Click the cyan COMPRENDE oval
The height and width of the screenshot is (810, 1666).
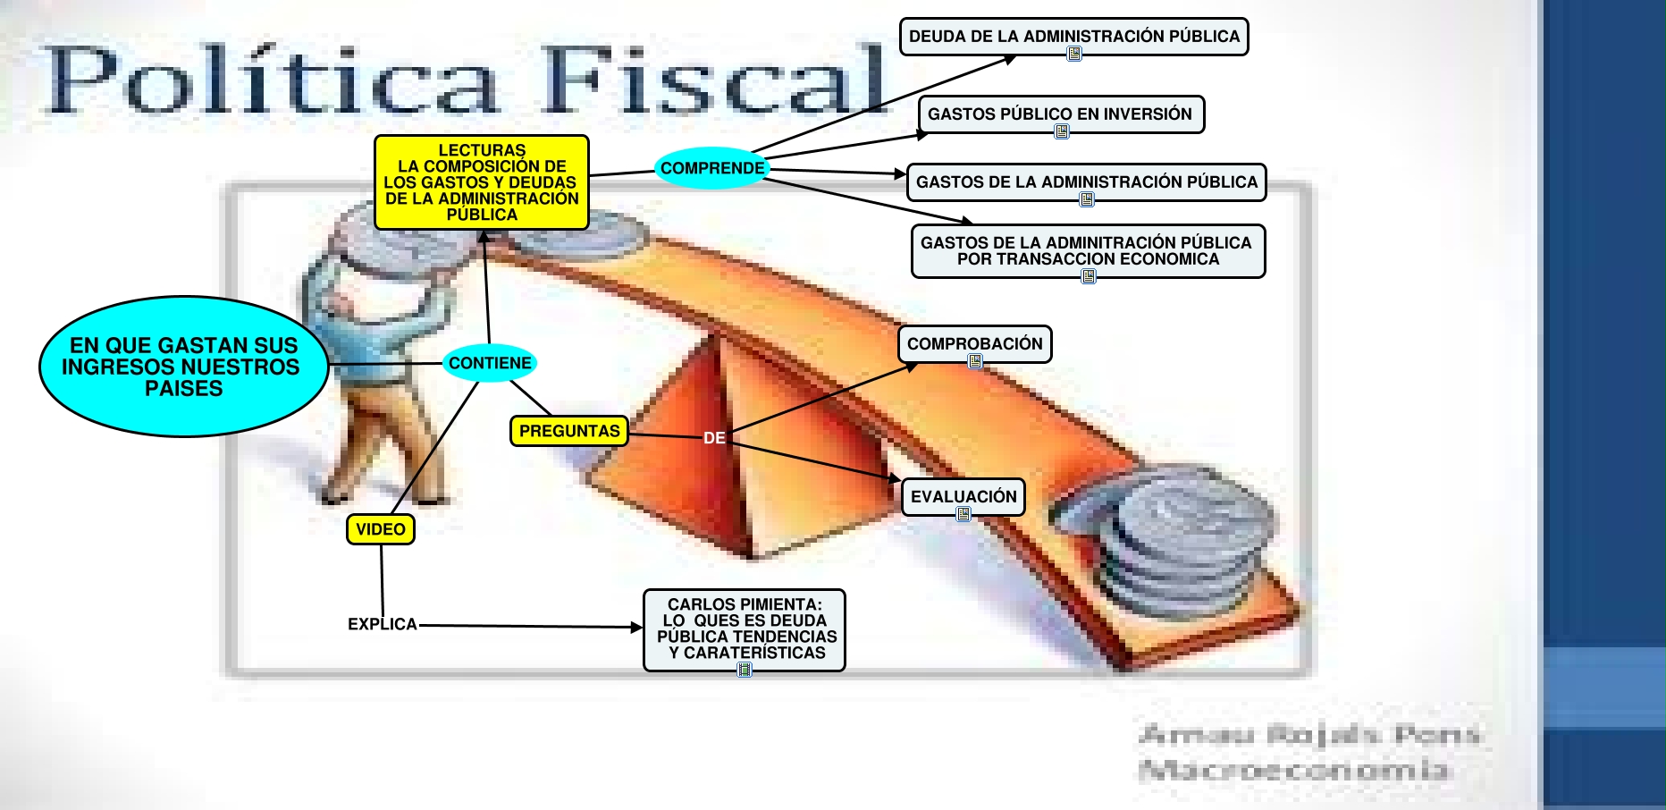[x=712, y=168]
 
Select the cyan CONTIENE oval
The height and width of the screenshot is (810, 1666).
[x=490, y=363]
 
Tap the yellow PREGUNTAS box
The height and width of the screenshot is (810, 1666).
[x=569, y=431]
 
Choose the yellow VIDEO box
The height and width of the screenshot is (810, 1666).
[x=381, y=529]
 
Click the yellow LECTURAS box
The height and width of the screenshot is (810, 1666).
[x=482, y=182]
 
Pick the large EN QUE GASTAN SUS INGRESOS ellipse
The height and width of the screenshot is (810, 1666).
[x=184, y=367]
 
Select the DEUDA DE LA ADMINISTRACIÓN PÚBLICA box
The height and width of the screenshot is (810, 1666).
[x=1074, y=37]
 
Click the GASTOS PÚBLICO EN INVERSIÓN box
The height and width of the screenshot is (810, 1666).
[x=1061, y=114]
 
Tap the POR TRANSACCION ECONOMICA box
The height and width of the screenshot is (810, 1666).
[x=1088, y=251]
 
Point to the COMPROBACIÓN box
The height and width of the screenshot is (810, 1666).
[x=975, y=344]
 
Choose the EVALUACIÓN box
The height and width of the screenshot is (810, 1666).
[x=963, y=497]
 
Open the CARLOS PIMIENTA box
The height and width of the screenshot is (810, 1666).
[x=745, y=629]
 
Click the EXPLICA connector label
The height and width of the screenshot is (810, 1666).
[x=383, y=624]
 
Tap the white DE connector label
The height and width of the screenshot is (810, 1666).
[x=714, y=438]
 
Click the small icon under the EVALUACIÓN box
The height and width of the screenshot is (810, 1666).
[x=963, y=514]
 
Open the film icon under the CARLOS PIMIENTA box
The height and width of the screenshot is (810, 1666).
[x=745, y=669]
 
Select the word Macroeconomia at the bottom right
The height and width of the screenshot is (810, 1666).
[x=1293, y=769]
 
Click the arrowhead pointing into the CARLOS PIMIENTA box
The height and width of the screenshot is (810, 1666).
[x=636, y=628]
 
